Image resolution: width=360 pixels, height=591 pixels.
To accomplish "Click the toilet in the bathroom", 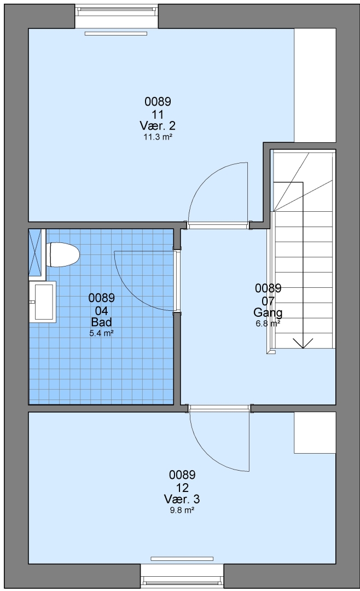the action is [x=62, y=254].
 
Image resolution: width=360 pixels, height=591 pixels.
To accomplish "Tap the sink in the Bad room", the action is [x=43, y=302].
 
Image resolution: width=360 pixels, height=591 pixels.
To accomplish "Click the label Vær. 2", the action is [x=158, y=125].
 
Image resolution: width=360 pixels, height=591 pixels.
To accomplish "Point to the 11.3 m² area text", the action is [x=158, y=137].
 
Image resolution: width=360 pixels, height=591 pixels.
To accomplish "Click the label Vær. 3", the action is [x=182, y=499].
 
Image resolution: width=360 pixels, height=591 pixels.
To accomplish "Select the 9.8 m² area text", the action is [x=182, y=511].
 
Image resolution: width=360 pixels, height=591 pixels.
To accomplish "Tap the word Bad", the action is [x=101, y=322].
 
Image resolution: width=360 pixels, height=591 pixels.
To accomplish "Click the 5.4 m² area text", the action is [x=101, y=333].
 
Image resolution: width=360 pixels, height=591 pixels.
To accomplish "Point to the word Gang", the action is [x=268, y=312].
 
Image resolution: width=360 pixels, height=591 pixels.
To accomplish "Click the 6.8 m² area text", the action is [x=268, y=323].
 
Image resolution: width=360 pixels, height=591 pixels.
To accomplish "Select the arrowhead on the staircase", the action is [x=303, y=343].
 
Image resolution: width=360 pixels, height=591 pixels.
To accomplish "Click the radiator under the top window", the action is [x=116, y=33].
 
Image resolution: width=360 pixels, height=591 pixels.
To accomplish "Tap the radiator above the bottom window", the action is [x=182, y=559].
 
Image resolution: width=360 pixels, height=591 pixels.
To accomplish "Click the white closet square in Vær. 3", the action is [x=315, y=432].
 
